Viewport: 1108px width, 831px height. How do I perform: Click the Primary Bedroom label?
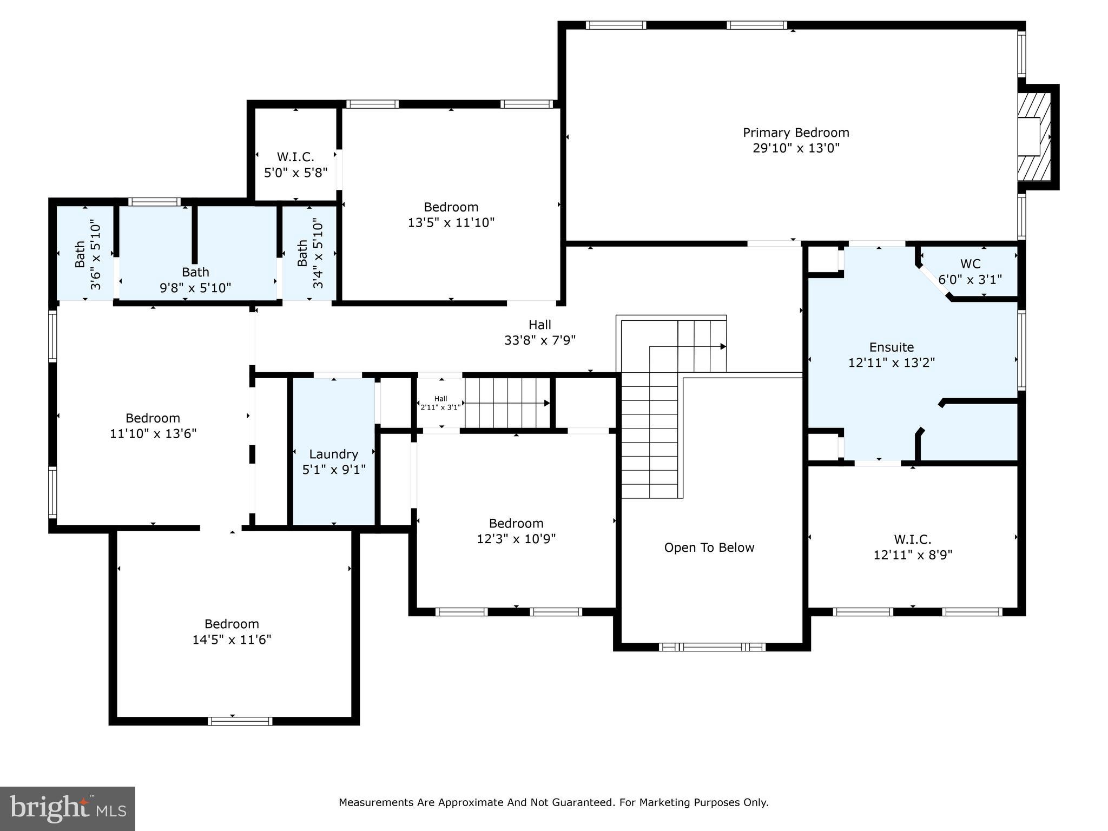pos(795,133)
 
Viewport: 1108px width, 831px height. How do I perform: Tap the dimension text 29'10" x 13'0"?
pos(795,148)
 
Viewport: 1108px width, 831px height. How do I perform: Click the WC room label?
pos(970,264)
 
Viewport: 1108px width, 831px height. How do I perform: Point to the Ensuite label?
pos(891,347)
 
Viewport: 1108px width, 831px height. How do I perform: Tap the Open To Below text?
pos(709,548)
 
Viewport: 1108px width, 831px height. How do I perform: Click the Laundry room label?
pos(333,454)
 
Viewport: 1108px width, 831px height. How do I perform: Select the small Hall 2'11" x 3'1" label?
pos(440,403)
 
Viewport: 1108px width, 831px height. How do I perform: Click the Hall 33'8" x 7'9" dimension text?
pos(539,340)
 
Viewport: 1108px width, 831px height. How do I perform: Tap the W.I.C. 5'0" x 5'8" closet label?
pos(295,164)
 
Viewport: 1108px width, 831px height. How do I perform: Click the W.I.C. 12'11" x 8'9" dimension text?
pos(912,555)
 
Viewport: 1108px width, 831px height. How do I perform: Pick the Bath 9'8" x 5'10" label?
pos(195,280)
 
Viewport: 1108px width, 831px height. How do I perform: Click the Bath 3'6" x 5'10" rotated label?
pos(88,254)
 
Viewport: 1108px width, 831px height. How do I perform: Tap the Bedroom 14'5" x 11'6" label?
pos(232,631)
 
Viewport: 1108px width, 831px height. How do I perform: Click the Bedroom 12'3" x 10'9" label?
pos(516,531)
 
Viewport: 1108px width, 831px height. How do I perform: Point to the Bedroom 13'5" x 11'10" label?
pos(451,214)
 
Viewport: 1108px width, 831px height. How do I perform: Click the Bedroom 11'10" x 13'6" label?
pos(153,426)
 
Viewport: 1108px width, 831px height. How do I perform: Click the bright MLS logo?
pos(68,808)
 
